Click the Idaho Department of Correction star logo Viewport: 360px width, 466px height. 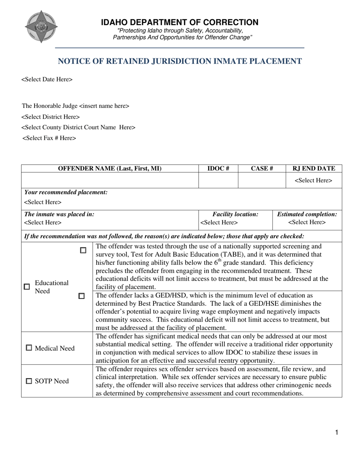pos(41,27)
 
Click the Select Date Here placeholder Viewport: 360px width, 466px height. pos(47,80)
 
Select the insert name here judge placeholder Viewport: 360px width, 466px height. pos(104,106)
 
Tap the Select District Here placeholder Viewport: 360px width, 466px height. pos(51,117)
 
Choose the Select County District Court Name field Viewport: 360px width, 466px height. pos(78,128)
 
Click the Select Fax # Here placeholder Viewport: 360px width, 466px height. pos(49,138)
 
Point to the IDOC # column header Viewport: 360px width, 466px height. pos(218,169)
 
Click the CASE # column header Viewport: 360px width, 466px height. pos(262,169)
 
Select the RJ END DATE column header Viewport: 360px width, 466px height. pos(314,169)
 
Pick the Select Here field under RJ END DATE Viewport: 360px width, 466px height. pos(313,181)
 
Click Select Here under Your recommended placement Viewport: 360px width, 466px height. pos(42,202)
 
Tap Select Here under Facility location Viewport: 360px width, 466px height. pos(219,223)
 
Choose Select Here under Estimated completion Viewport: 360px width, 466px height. pos(307,222)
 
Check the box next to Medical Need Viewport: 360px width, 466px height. pos(29,348)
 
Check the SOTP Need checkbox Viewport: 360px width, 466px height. pos(29,381)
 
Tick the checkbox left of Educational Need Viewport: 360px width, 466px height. pos(27,287)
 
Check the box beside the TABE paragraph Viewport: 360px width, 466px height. pos(83,250)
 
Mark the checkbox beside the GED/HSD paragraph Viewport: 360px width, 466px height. pos(81,296)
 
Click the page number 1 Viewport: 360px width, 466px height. pos(337,433)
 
